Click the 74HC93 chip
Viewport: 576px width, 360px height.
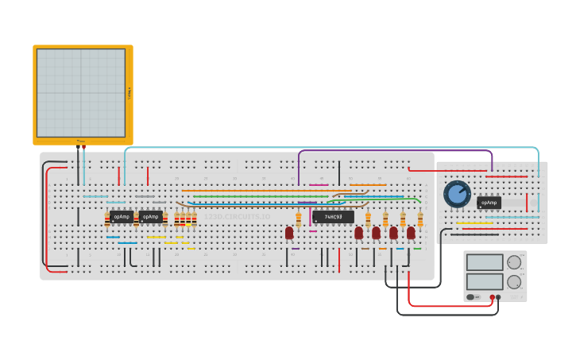(333, 217)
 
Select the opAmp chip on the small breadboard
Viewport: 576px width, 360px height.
(489, 203)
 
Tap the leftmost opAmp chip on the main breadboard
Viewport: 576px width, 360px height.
(121, 217)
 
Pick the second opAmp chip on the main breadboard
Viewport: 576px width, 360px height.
(150, 217)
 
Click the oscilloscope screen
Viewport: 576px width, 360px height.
(80, 93)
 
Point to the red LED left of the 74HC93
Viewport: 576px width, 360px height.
(289, 233)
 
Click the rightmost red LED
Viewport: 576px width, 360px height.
(411, 233)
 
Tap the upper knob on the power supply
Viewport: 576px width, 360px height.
(514, 262)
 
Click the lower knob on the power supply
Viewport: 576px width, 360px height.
(514, 281)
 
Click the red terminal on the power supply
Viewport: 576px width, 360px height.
(493, 297)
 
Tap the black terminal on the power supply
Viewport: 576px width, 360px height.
(499, 297)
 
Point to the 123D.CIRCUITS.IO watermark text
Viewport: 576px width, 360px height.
(237, 216)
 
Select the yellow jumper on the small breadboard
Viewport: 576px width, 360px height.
(474, 223)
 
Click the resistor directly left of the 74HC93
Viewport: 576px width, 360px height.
(299, 217)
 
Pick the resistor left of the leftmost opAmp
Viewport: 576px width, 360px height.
(107, 220)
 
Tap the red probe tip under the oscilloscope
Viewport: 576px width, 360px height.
(84, 148)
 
